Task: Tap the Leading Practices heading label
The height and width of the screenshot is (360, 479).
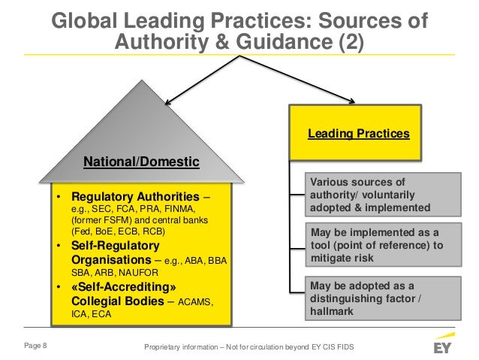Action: [359, 135]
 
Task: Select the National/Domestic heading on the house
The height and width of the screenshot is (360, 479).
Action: [141, 161]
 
